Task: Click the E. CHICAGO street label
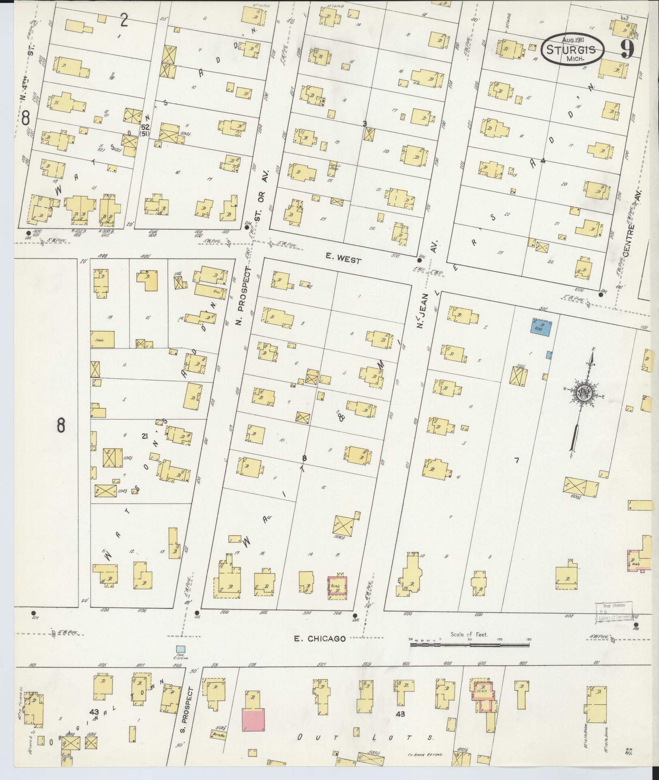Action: coord(320,639)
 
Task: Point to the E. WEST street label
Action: coord(343,261)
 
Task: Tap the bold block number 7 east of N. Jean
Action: coord(516,460)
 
